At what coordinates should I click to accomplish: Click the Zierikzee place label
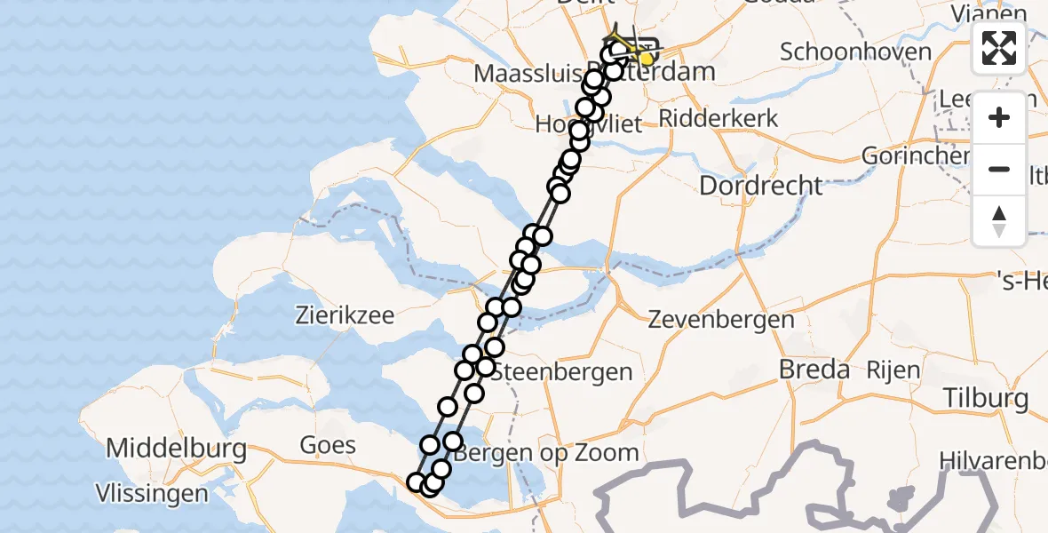click(x=344, y=315)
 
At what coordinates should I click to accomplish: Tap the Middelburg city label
click(x=177, y=449)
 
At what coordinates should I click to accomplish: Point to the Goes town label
click(x=329, y=445)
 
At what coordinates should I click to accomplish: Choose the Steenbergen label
click(x=562, y=371)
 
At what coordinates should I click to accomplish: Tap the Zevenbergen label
click(x=721, y=319)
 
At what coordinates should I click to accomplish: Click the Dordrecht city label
click(x=761, y=186)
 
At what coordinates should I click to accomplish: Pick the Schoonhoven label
click(x=855, y=52)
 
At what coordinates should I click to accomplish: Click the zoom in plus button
click(x=999, y=117)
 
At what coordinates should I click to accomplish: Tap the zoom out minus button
click(x=999, y=169)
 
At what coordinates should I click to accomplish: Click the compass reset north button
click(x=999, y=220)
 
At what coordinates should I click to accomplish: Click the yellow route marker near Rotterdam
click(x=647, y=60)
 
